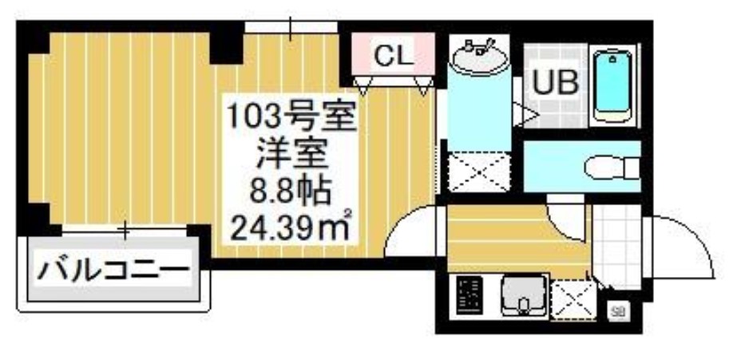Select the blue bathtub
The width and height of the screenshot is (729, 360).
pos(614,85)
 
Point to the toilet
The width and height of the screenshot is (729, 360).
pos(610,168)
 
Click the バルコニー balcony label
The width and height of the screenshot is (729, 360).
pos(116,267)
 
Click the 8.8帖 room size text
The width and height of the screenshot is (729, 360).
pos(292,192)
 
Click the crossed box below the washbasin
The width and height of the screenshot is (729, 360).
pos(477,170)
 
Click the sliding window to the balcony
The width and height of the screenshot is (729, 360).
pos(125,231)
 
